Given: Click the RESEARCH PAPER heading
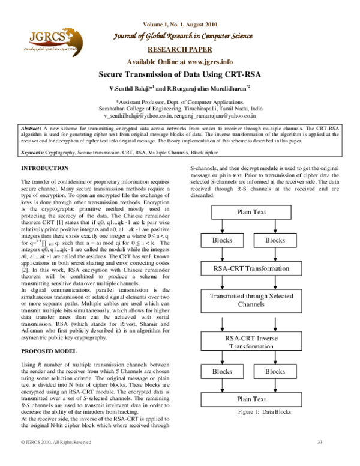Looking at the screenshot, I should tap(180, 51).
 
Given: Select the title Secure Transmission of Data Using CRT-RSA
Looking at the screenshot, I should tap(180, 74).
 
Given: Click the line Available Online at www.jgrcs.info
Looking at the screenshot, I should tap(180, 62).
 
